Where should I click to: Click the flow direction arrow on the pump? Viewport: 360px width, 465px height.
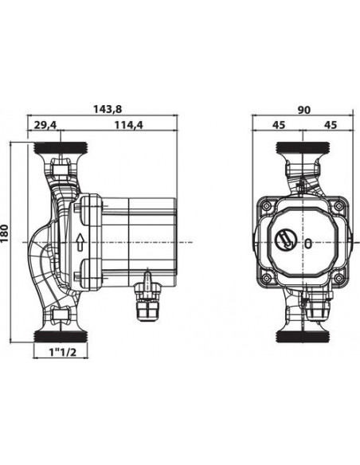82,242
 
